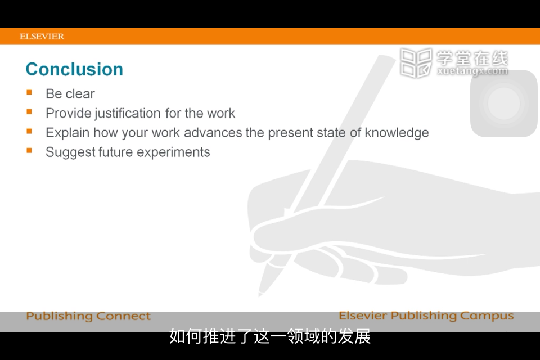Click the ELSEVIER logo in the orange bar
click(42, 36)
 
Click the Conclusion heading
click(74, 69)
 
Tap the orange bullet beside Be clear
click(29, 92)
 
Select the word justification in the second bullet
click(128, 114)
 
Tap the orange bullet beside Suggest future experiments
click(29, 150)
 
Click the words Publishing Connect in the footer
click(88, 316)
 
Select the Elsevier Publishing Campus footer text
click(426, 316)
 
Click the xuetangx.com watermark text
click(472, 71)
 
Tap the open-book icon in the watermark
click(416, 62)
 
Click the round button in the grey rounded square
click(504, 103)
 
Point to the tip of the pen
click(260, 295)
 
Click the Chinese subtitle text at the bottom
click(270, 336)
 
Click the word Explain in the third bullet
click(67, 133)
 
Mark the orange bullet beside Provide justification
click(29, 111)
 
